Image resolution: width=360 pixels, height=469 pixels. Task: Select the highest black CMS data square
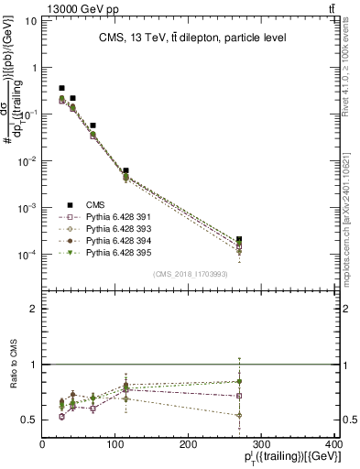pyautogui.click(x=61, y=89)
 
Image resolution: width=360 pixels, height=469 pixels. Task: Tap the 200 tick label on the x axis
pyautogui.click(x=188, y=444)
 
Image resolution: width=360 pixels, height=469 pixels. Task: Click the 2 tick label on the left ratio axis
pyautogui.click(x=35, y=309)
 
